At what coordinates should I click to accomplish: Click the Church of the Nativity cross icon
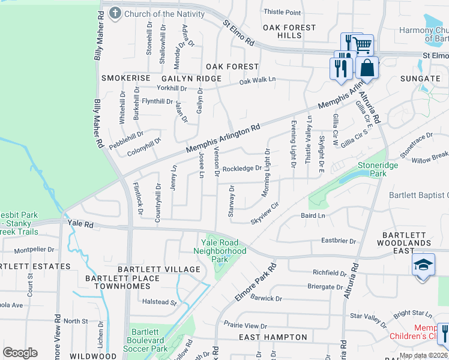pyautogui.click(x=114, y=13)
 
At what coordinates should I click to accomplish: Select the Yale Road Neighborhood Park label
pyautogui.click(x=223, y=250)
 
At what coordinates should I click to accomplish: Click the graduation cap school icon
pyautogui.click(x=423, y=265)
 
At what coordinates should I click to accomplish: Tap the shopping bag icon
pyautogui.click(x=367, y=68)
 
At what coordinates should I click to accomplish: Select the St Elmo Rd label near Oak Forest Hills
pyautogui.click(x=238, y=35)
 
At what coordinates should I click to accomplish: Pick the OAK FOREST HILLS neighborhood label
pyautogui.click(x=289, y=32)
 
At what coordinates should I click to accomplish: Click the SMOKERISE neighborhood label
pyautogui.click(x=125, y=79)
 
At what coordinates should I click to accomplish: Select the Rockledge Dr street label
pyautogui.click(x=242, y=169)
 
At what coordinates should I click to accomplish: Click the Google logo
pyautogui.click(x=20, y=353)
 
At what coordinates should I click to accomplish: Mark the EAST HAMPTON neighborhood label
pyautogui.click(x=273, y=338)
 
